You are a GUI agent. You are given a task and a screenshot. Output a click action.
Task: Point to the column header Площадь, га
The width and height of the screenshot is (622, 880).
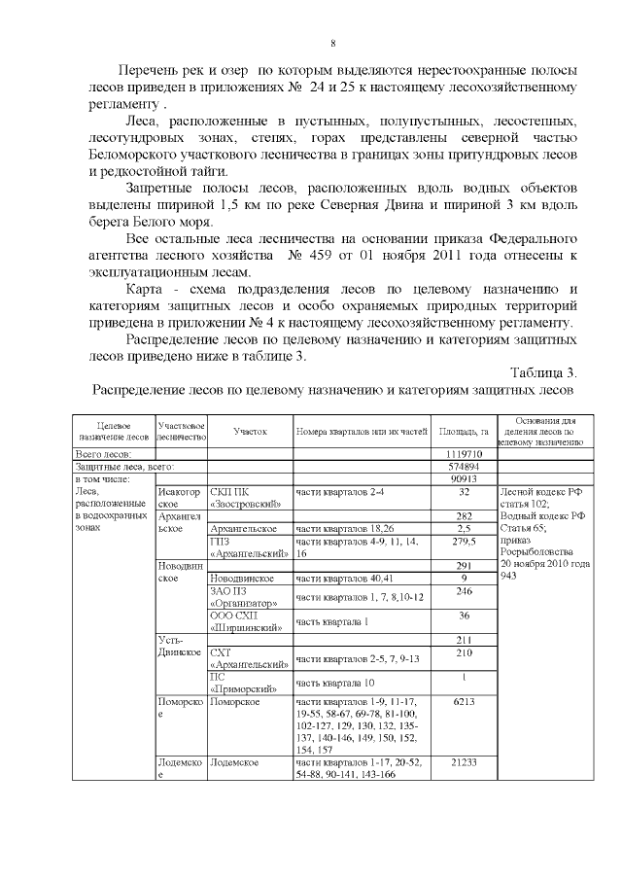463,430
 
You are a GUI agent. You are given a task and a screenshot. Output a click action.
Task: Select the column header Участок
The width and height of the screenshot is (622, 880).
249,430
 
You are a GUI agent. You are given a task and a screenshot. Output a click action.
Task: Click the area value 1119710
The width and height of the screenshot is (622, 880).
464,454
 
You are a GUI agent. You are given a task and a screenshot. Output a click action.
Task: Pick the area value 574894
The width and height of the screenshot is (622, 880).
464,467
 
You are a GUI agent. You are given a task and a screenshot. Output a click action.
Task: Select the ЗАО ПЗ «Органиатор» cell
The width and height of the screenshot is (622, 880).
244,596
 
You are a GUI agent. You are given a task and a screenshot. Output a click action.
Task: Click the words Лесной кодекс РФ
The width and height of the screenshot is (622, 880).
538,492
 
